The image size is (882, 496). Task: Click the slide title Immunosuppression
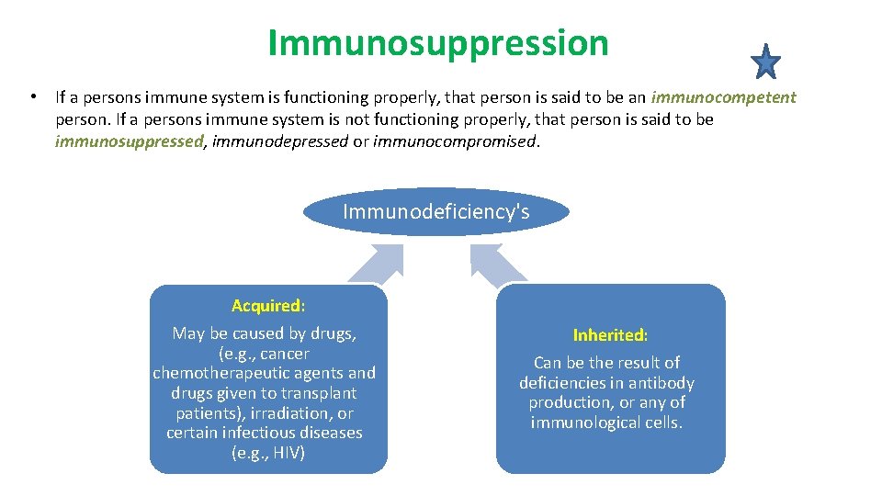[437, 42]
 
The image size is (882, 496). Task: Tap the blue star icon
[764, 62]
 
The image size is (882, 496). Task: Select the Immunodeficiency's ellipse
[435, 212]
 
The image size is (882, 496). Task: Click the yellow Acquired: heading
[268, 306]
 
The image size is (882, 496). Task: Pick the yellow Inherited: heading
[610, 335]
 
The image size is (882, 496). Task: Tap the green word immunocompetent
[723, 97]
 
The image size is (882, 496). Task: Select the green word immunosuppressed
[129, 141]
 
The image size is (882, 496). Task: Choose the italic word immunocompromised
[454, 141]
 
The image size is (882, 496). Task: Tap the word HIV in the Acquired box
[288, 453]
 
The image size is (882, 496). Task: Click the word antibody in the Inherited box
[661, 383]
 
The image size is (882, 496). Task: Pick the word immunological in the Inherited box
[579, 423]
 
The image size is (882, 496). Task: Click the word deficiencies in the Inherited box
[561, 383]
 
